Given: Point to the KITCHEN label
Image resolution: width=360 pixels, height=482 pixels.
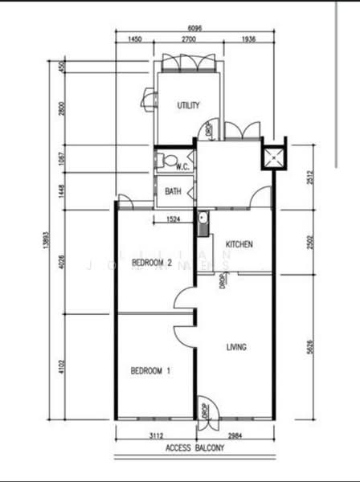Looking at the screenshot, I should [239, 244].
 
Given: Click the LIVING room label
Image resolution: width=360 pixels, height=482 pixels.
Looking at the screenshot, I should [236, 347].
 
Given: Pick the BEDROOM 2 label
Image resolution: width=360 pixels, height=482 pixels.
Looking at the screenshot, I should [151, 263].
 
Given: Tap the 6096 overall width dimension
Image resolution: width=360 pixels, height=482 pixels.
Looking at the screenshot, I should [194, 27].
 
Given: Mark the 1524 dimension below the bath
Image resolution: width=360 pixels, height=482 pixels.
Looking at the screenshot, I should [174, 218].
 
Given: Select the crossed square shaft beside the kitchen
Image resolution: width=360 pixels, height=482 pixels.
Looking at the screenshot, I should [274, 155].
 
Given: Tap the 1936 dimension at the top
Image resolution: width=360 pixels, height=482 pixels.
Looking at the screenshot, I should [247, 39].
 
